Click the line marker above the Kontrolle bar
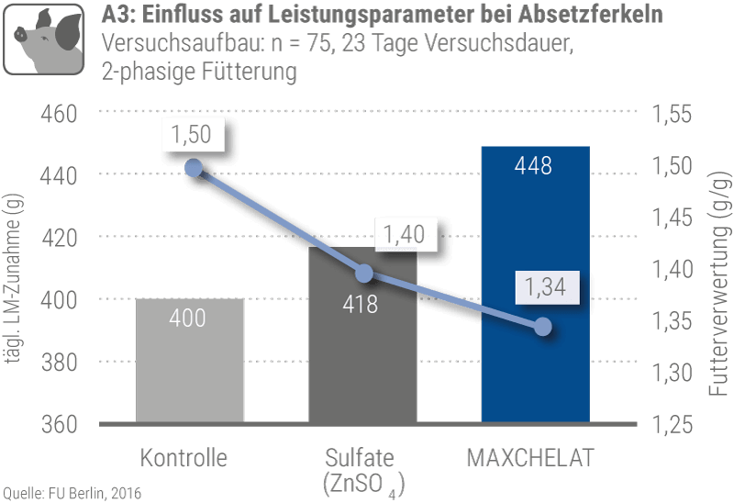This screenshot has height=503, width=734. (193, 167)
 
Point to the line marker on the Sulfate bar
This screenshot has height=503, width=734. (364, 274)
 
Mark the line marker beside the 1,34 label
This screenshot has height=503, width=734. (542, 327)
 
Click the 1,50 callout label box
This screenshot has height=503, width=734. (192, 135)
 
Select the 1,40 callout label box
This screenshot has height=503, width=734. (405, 233)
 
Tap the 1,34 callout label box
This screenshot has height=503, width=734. (546, 288)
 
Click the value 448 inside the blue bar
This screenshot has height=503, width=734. (534, 166)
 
